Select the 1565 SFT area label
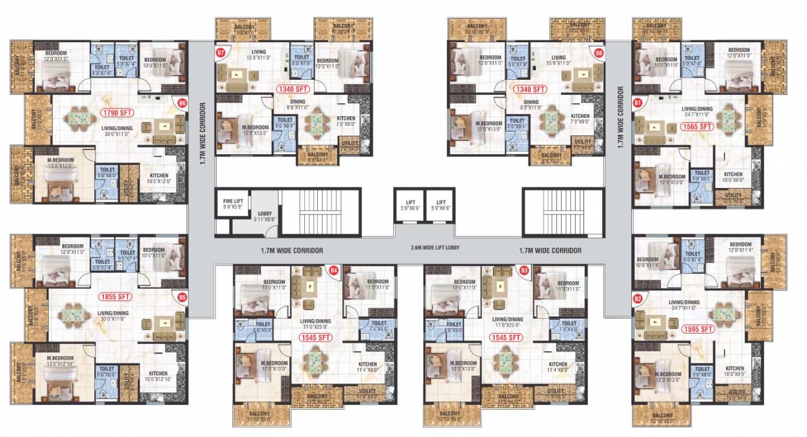(x=696, y=127)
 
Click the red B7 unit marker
(x=221, y=53)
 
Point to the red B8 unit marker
(x=599, y=53)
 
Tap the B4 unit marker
(x=333, y=270)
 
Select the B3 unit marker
(x=524, y=270)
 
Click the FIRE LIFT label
(x=232, y=202)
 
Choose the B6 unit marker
(x=182, y=103)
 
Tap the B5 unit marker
(x=182, y=297)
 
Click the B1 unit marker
(x=637, y=103)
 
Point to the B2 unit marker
(x=637, y=298)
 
